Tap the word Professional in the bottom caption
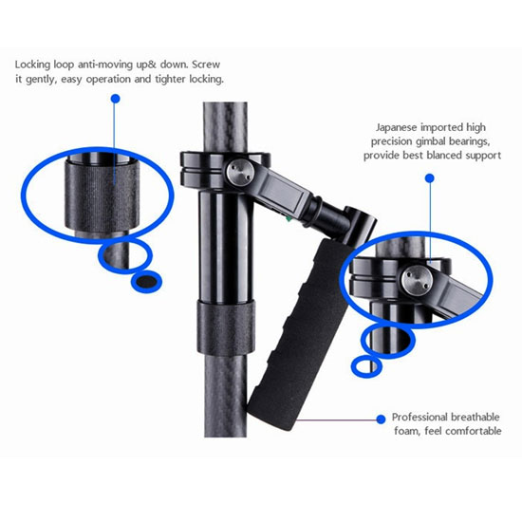(419, 418)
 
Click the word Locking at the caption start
(32, 65)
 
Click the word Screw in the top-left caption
(206, 65)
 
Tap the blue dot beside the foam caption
(381, 419)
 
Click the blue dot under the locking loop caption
(116, 99)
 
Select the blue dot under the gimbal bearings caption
(430, 178)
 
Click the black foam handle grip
(301, 335)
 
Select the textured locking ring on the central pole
(226, 328)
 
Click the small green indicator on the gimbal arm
(289, 218)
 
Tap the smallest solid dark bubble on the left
(146, 282)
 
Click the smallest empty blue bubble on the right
(366, 365)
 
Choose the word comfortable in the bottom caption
(473, 431)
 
